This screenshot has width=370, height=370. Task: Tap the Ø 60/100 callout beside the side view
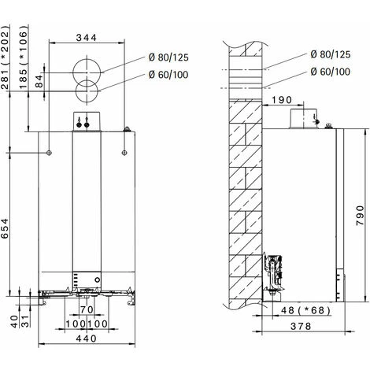331,71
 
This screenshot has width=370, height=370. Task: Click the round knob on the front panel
97,281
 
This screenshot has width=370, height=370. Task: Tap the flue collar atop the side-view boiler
302,119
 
